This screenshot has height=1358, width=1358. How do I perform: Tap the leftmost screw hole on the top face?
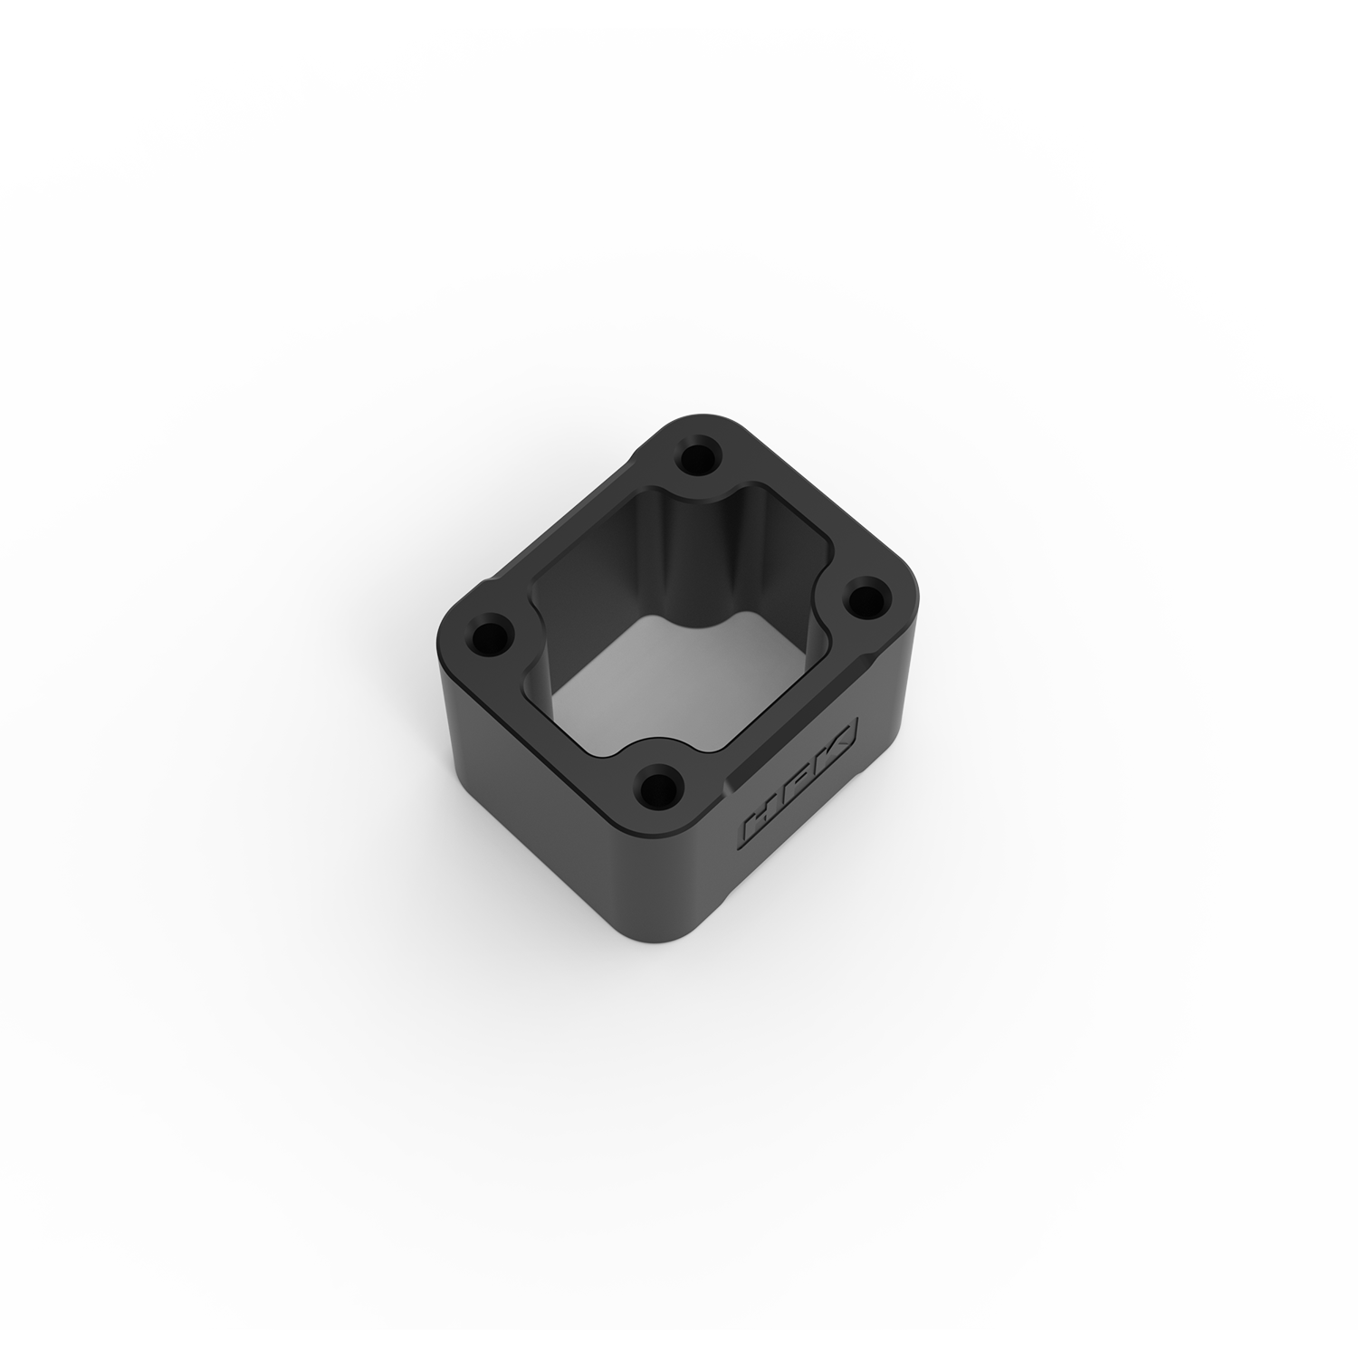coord(492,631)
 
